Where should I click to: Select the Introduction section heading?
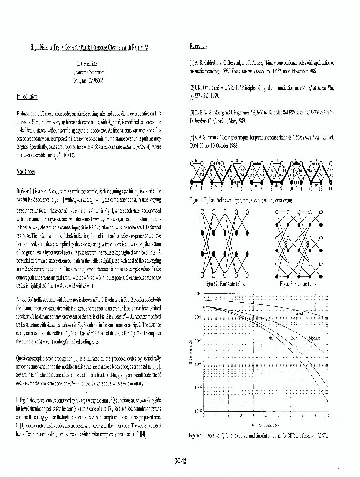pos(27,97)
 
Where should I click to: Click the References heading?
pos(198,46)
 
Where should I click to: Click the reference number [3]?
pos(192,114)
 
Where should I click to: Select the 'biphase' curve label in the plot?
pos(316,337)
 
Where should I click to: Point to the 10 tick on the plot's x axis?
pos(327,415)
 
